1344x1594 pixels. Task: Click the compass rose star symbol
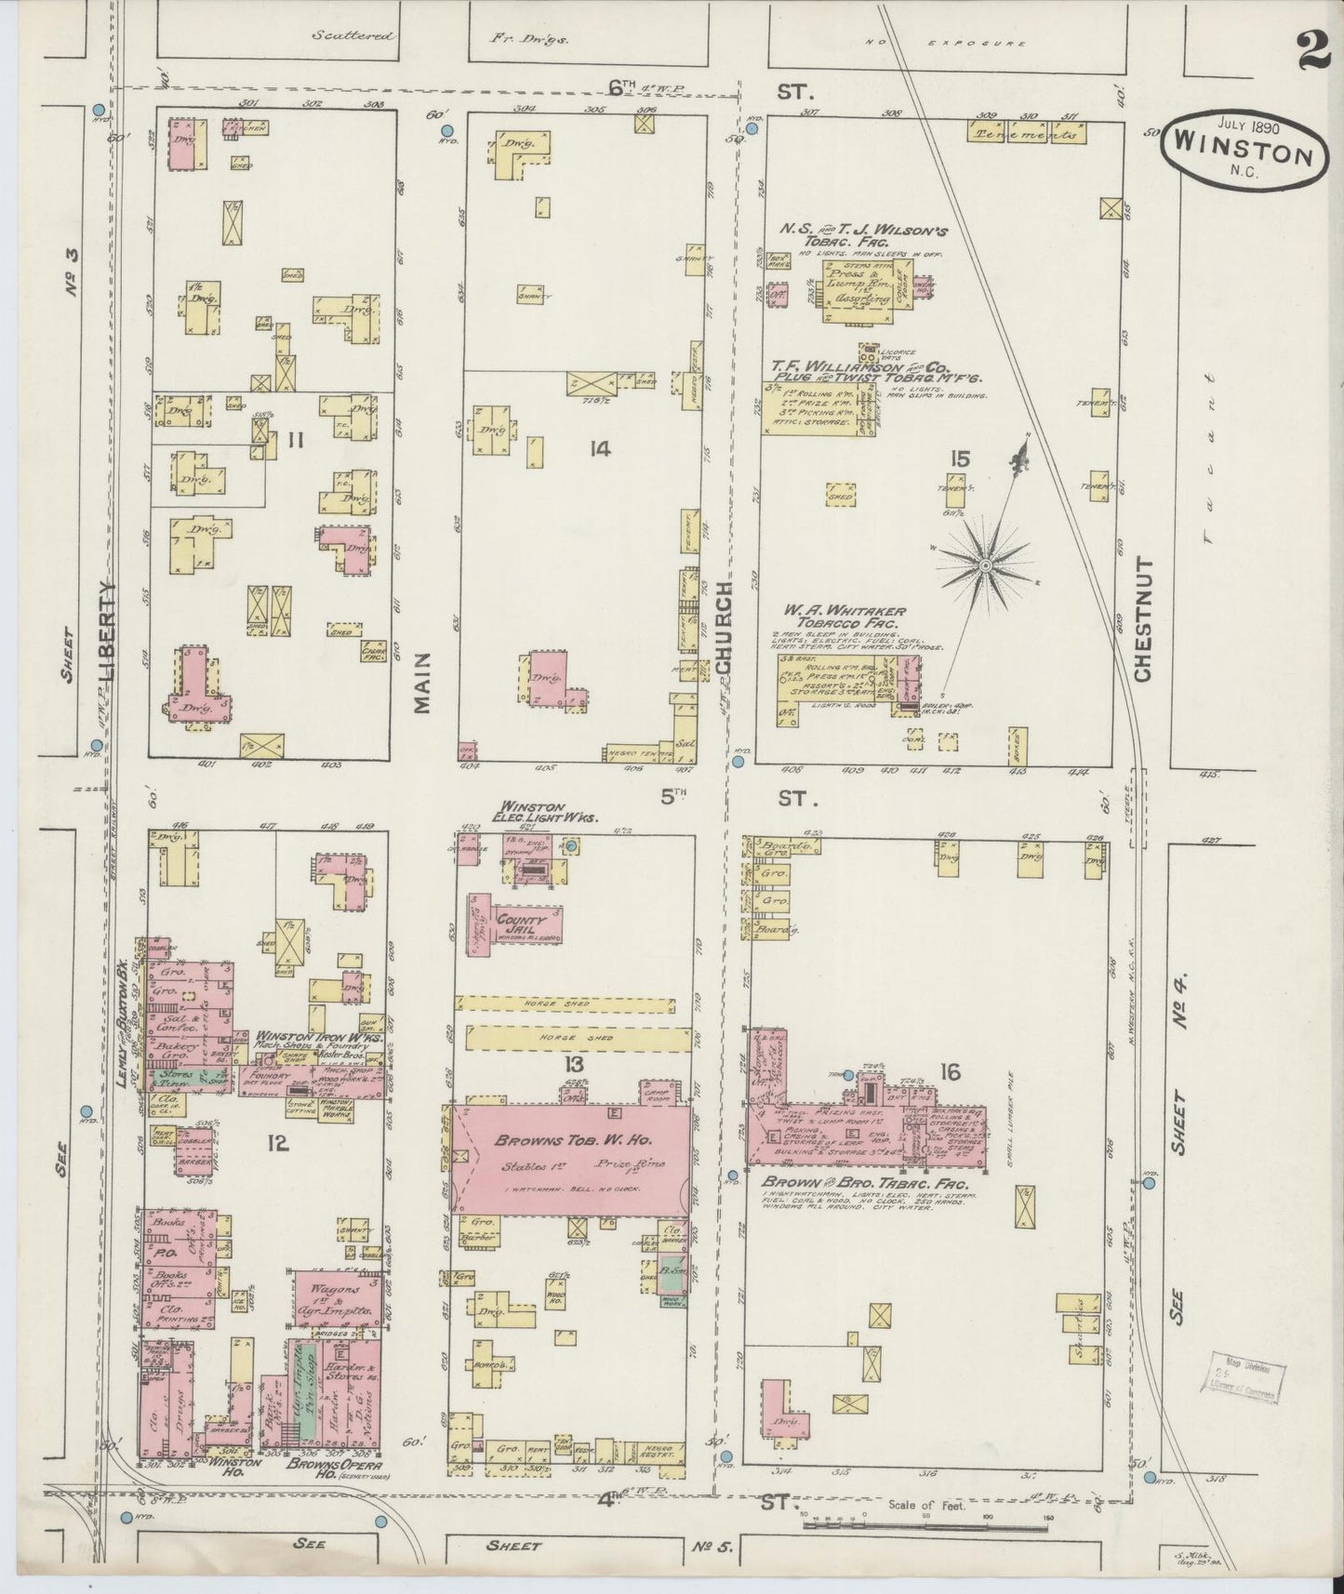pos(985,564)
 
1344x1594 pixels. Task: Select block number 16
pos(949,1073)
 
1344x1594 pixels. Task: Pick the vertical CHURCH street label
pos(725,621)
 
